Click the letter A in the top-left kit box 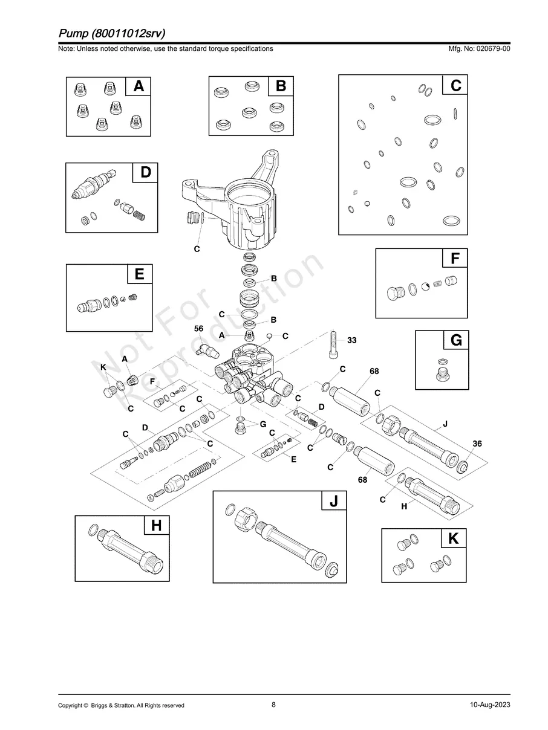(x=139, y=87)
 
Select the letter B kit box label (x=281, y=86)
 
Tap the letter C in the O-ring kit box (x=455, y=86)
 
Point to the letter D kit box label (x=145, y=172)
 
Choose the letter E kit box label (x=139, y=274)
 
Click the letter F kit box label (x=455, y=259)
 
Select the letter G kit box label (x=455, y=341)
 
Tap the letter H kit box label (x=156, y=526)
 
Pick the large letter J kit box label (x=333, y=502)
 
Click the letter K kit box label (x=454, y=539)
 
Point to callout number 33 (x=351, y=340)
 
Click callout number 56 (x=198, y=328)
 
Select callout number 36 (x=477, y=444)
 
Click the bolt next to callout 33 (x=333, y=344)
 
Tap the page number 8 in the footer (x=273, y=705)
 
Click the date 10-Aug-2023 (x=489, y=705)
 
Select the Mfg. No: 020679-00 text (x=477, y=48)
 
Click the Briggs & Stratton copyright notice (x=121, y=705)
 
